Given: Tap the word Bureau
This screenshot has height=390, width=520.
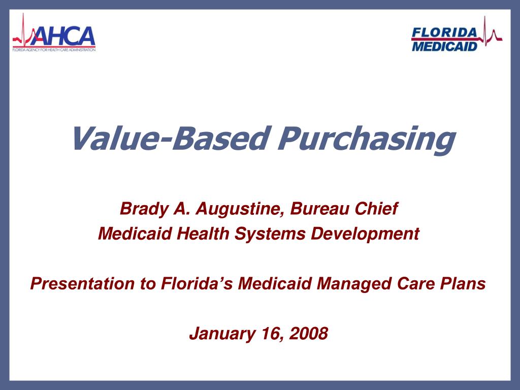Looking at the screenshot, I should (312, 208).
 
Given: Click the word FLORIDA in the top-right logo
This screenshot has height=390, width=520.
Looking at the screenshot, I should (445, 32).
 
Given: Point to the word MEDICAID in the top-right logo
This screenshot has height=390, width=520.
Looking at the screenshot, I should (445, 46).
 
